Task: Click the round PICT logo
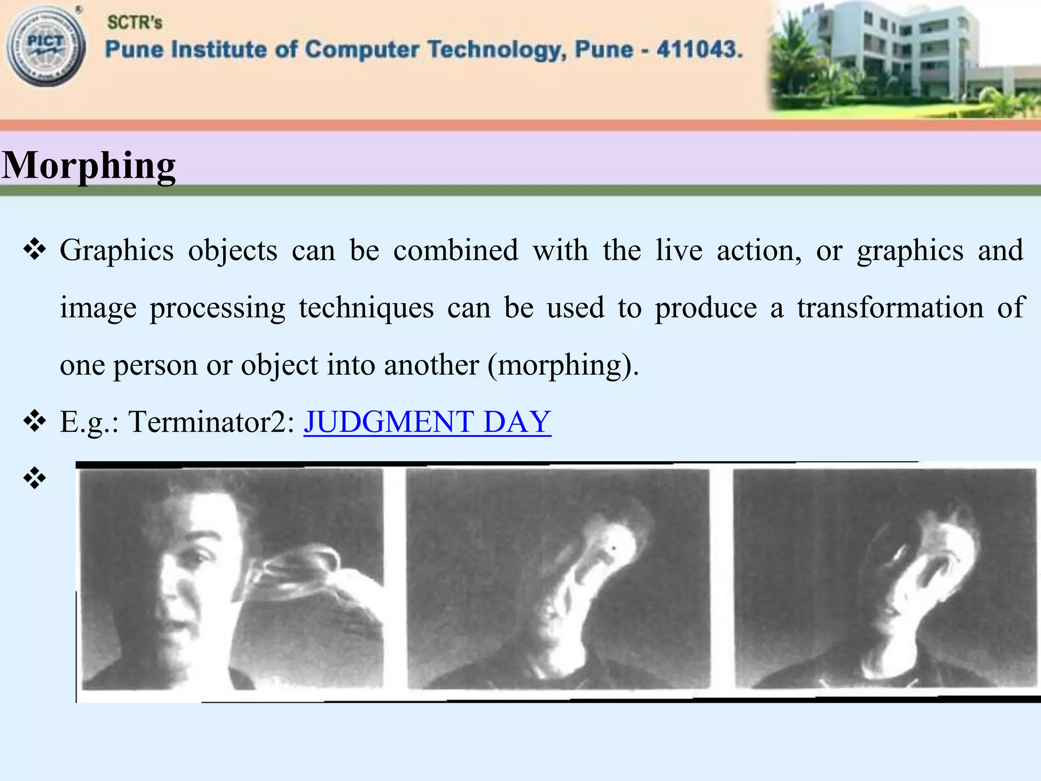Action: (46, 47)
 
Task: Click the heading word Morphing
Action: (89, 166)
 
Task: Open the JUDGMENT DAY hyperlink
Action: (427, 422)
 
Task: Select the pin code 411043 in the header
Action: (699, 50)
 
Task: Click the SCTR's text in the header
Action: (135, 22)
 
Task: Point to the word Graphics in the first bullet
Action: (116, 251)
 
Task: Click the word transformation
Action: (890, 308)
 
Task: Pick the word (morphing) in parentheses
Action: (562, 365)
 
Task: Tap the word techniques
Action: (366, 308)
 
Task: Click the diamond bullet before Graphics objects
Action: (35, 250)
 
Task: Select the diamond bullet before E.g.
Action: (35, 421)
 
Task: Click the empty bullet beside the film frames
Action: (35, 478)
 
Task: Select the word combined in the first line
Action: (455, 251)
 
